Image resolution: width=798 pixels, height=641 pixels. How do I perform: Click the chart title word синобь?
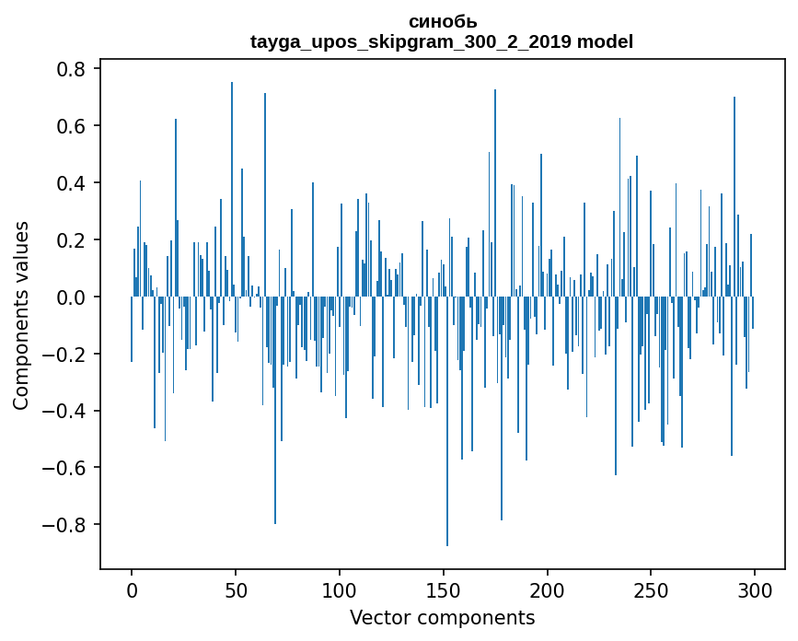click(442, 22)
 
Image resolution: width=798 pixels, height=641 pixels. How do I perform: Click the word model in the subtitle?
click(605, 41)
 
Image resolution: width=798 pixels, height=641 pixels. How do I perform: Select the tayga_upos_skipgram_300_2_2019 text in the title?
click(411, 41)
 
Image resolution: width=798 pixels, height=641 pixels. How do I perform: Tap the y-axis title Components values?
click(21, 315)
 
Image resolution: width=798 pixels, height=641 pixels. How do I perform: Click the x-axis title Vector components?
click(442, 617)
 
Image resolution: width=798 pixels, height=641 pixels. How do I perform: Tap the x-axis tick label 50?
click(236, 589)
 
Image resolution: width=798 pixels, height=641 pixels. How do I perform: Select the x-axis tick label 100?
click(340, 589)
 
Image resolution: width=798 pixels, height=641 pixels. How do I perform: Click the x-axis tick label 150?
click(444, 589)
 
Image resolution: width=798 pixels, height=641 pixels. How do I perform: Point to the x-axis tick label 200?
click(548, 589)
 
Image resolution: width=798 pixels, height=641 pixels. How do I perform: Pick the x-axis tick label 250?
click(651, 589)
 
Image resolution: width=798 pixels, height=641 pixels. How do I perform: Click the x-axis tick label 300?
click(755, 589)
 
